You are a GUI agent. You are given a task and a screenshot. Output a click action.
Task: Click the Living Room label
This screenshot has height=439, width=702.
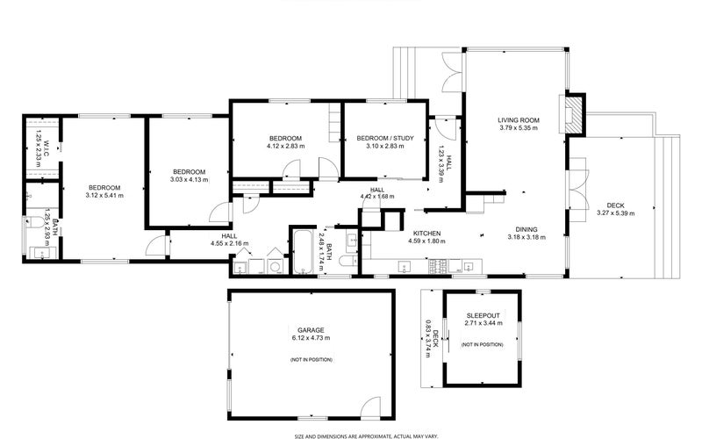(x=518, y=119)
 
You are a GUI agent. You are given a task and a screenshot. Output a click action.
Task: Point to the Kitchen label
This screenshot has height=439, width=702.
(x=426, y=233)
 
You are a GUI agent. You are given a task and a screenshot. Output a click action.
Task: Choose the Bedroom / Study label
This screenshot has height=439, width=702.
(x=384, y=138)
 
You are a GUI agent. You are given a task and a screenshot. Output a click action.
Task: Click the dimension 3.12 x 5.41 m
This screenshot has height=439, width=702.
(x=104, y=196)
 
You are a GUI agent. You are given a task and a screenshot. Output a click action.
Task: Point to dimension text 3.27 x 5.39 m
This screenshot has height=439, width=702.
(x=615, y=212)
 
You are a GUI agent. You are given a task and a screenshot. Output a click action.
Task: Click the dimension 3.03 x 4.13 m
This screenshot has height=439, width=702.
(x=189, y=180)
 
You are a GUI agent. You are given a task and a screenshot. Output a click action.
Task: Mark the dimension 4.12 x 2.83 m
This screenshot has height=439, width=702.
(x=285, y=147)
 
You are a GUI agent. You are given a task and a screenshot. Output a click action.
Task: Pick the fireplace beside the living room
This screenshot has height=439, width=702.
(x=574, y=112)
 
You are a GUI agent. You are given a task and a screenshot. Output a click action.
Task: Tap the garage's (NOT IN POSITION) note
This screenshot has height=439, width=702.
(x=311, y=360)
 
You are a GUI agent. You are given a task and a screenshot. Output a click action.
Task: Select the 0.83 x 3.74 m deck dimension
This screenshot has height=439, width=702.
(x=432, y=335)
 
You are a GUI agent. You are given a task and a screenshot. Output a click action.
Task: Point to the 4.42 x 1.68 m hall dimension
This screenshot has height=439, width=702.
(x=377, y=197)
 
